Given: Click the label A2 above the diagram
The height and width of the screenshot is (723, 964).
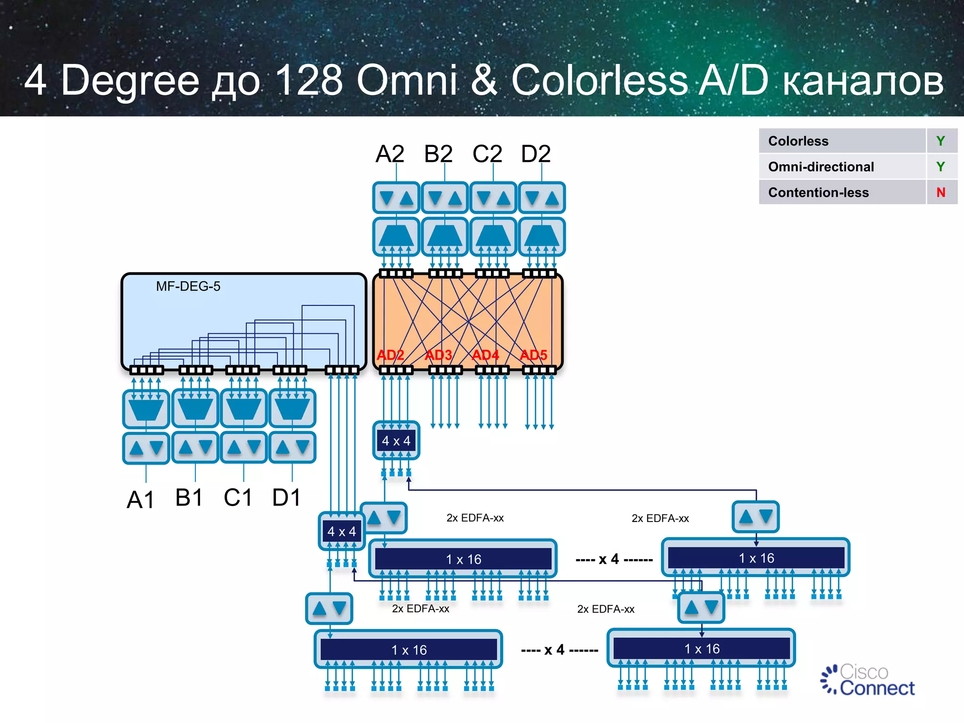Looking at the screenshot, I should (x=390, y=154).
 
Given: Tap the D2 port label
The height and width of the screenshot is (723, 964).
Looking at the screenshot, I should (x=536, y=154).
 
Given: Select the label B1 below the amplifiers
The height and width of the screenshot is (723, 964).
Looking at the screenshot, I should (x=189, y=498).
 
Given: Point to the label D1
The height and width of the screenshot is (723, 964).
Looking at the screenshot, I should (x=286, y=498).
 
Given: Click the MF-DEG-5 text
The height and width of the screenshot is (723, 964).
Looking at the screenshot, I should (x=188, y=286).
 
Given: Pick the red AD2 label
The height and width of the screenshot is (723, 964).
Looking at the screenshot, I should (x=390, y=355).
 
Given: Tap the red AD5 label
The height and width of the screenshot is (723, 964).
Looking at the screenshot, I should (x=533, y=355).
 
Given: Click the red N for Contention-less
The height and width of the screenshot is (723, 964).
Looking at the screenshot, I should (x=940, y=193).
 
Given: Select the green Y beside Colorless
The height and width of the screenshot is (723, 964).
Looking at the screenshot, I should (x=940, y=141).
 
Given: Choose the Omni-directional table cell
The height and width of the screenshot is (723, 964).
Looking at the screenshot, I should (x=821, y=167).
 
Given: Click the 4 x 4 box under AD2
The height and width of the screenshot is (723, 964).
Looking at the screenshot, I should (x=396, y=441).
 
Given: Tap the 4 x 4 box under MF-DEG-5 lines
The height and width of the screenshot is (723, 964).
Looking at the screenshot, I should (x=341, y=532).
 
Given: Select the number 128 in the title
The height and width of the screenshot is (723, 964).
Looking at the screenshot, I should (x=308, y=80).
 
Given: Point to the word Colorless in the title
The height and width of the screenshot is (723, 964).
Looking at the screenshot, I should (x=599, y=80).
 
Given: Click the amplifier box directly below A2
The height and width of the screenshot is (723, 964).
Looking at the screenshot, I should (x=396, y=198).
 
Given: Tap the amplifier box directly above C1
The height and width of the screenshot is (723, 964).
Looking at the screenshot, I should (x=243, y=447).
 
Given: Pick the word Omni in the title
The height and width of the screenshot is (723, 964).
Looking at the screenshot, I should (x=407, y=80).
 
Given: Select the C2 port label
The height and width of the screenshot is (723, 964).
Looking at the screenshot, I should (x=487, y=154).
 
